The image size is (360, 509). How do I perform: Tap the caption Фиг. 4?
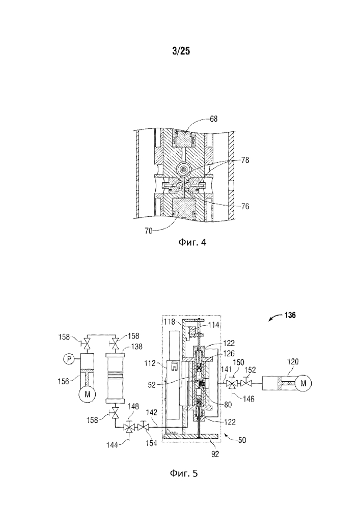(192, 242)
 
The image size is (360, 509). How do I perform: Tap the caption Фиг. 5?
(183, 473)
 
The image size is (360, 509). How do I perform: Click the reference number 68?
(213, 119)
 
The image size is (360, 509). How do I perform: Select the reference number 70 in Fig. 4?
(148, 231)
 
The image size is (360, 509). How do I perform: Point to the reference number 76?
(245, 206)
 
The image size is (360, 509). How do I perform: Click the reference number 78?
(245, 160)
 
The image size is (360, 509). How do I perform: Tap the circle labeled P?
(68, 359)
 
